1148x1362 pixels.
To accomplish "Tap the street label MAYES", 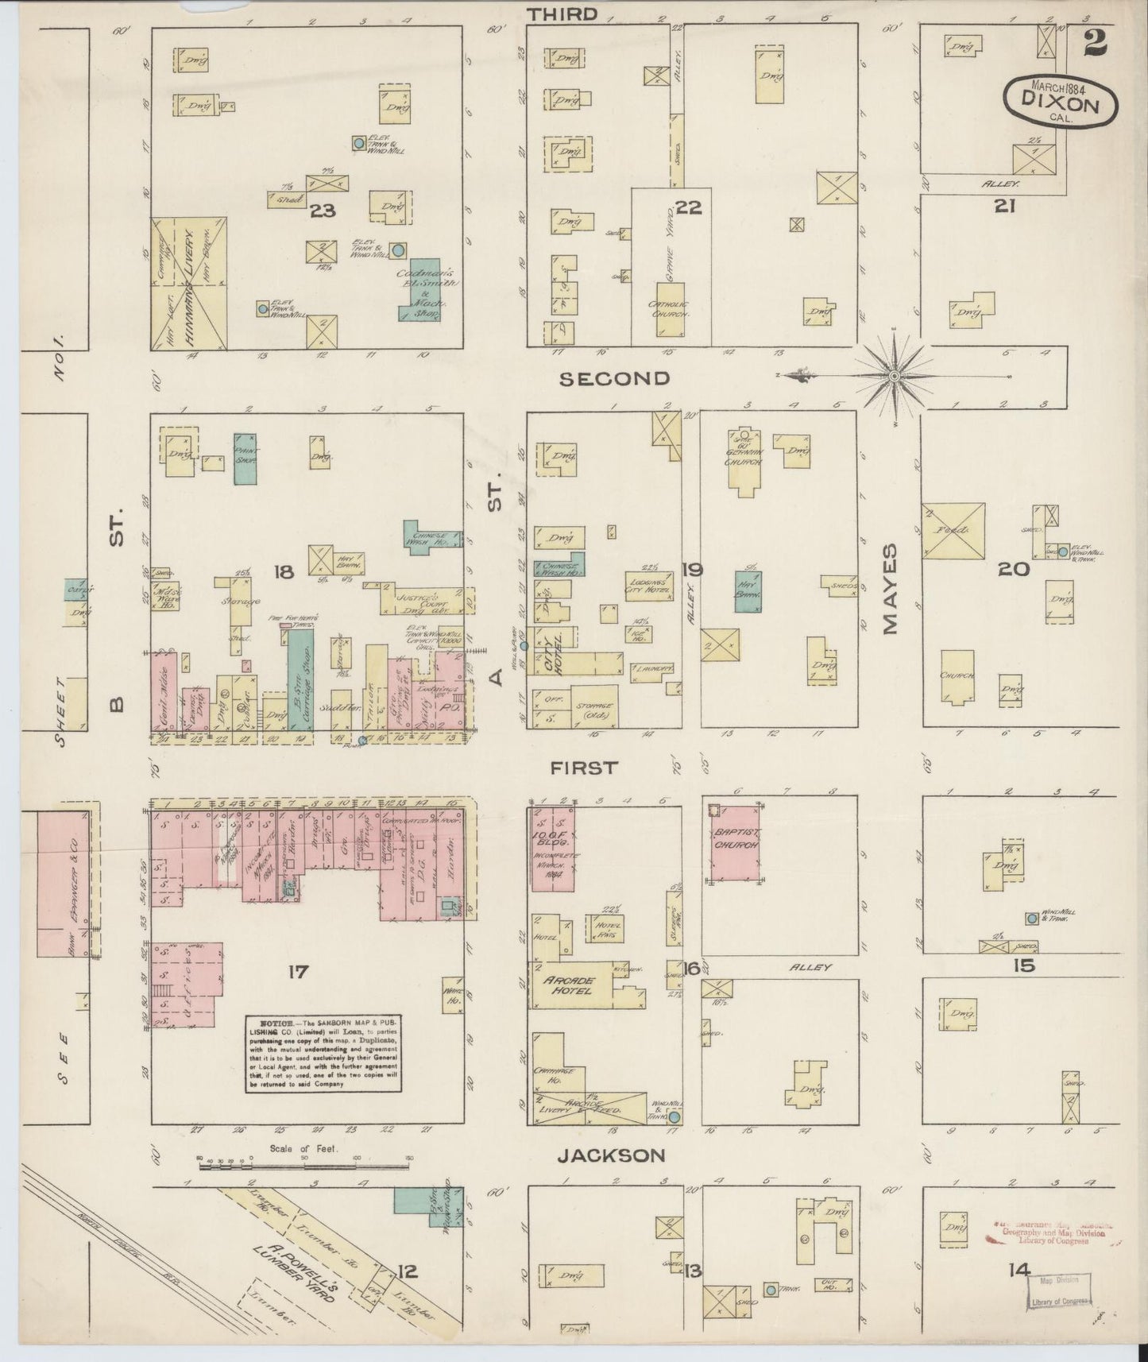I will coord(889,589).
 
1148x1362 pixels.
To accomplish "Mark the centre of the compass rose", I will coord(895,375).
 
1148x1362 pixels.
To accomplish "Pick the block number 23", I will coord(323,211).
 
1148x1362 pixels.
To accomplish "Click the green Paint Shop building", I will coord(245,459).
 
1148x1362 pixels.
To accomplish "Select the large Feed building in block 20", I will coord(953,530).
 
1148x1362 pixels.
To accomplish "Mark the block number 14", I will coord(1019,1270).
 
